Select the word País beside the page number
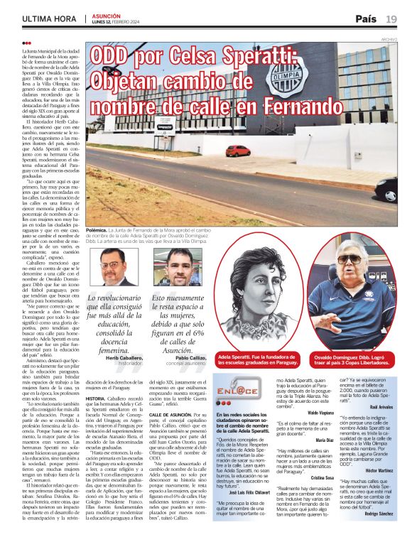pyautogui.click(x=366, y=18)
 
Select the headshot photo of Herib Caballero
pyautogui.click(x=114, y=267)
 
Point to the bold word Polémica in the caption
pyautogui.click(x=96, y=231)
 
